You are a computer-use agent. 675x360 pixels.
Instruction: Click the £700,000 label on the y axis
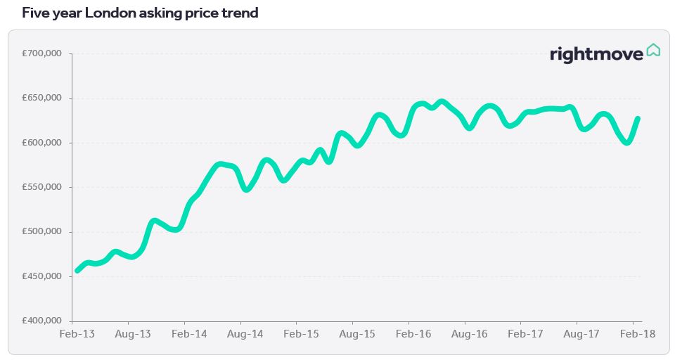tap(41, 53)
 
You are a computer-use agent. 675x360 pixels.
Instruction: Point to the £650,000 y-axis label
tap(41, 98)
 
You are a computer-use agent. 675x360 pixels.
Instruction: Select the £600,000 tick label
tap(41, 143)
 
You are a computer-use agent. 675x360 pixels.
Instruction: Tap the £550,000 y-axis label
tap(41, 187)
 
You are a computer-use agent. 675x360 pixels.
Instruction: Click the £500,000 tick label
tap(41, 231)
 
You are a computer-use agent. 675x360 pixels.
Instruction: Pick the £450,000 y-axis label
tap(41, 276)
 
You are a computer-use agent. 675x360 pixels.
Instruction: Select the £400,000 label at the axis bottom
tap(41, 321)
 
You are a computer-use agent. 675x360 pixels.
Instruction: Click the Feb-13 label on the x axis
tap(77, 334)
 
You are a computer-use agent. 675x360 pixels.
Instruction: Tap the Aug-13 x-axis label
tap(133, 334)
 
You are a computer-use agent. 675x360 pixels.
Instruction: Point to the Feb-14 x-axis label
tap(189, 334)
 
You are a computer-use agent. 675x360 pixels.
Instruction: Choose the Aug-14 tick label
tap(245, 334)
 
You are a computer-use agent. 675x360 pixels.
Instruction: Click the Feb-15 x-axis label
tap(302, 334)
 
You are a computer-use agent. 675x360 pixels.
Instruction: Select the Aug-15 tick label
tap(357, 334)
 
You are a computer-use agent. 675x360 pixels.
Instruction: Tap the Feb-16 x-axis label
tap(413, 334)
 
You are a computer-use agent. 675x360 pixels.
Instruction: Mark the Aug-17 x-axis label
tap(581, 334)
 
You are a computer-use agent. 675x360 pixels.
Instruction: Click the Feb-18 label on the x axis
tap(638, 334)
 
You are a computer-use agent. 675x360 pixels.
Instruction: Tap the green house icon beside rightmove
tap(653, 50)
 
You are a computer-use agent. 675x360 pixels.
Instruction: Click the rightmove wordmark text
tap(597, 54)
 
